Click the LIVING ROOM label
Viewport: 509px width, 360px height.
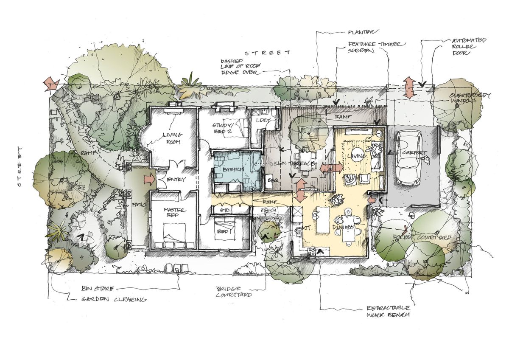coord(172,138)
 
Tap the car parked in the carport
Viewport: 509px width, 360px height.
coord(408,157)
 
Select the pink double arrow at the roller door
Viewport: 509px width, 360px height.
coord(409,88)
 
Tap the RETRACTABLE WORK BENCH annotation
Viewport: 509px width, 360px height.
coord(389,311)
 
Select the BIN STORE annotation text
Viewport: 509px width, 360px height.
coord(98,289)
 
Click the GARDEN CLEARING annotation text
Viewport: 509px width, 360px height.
coord(114,299)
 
